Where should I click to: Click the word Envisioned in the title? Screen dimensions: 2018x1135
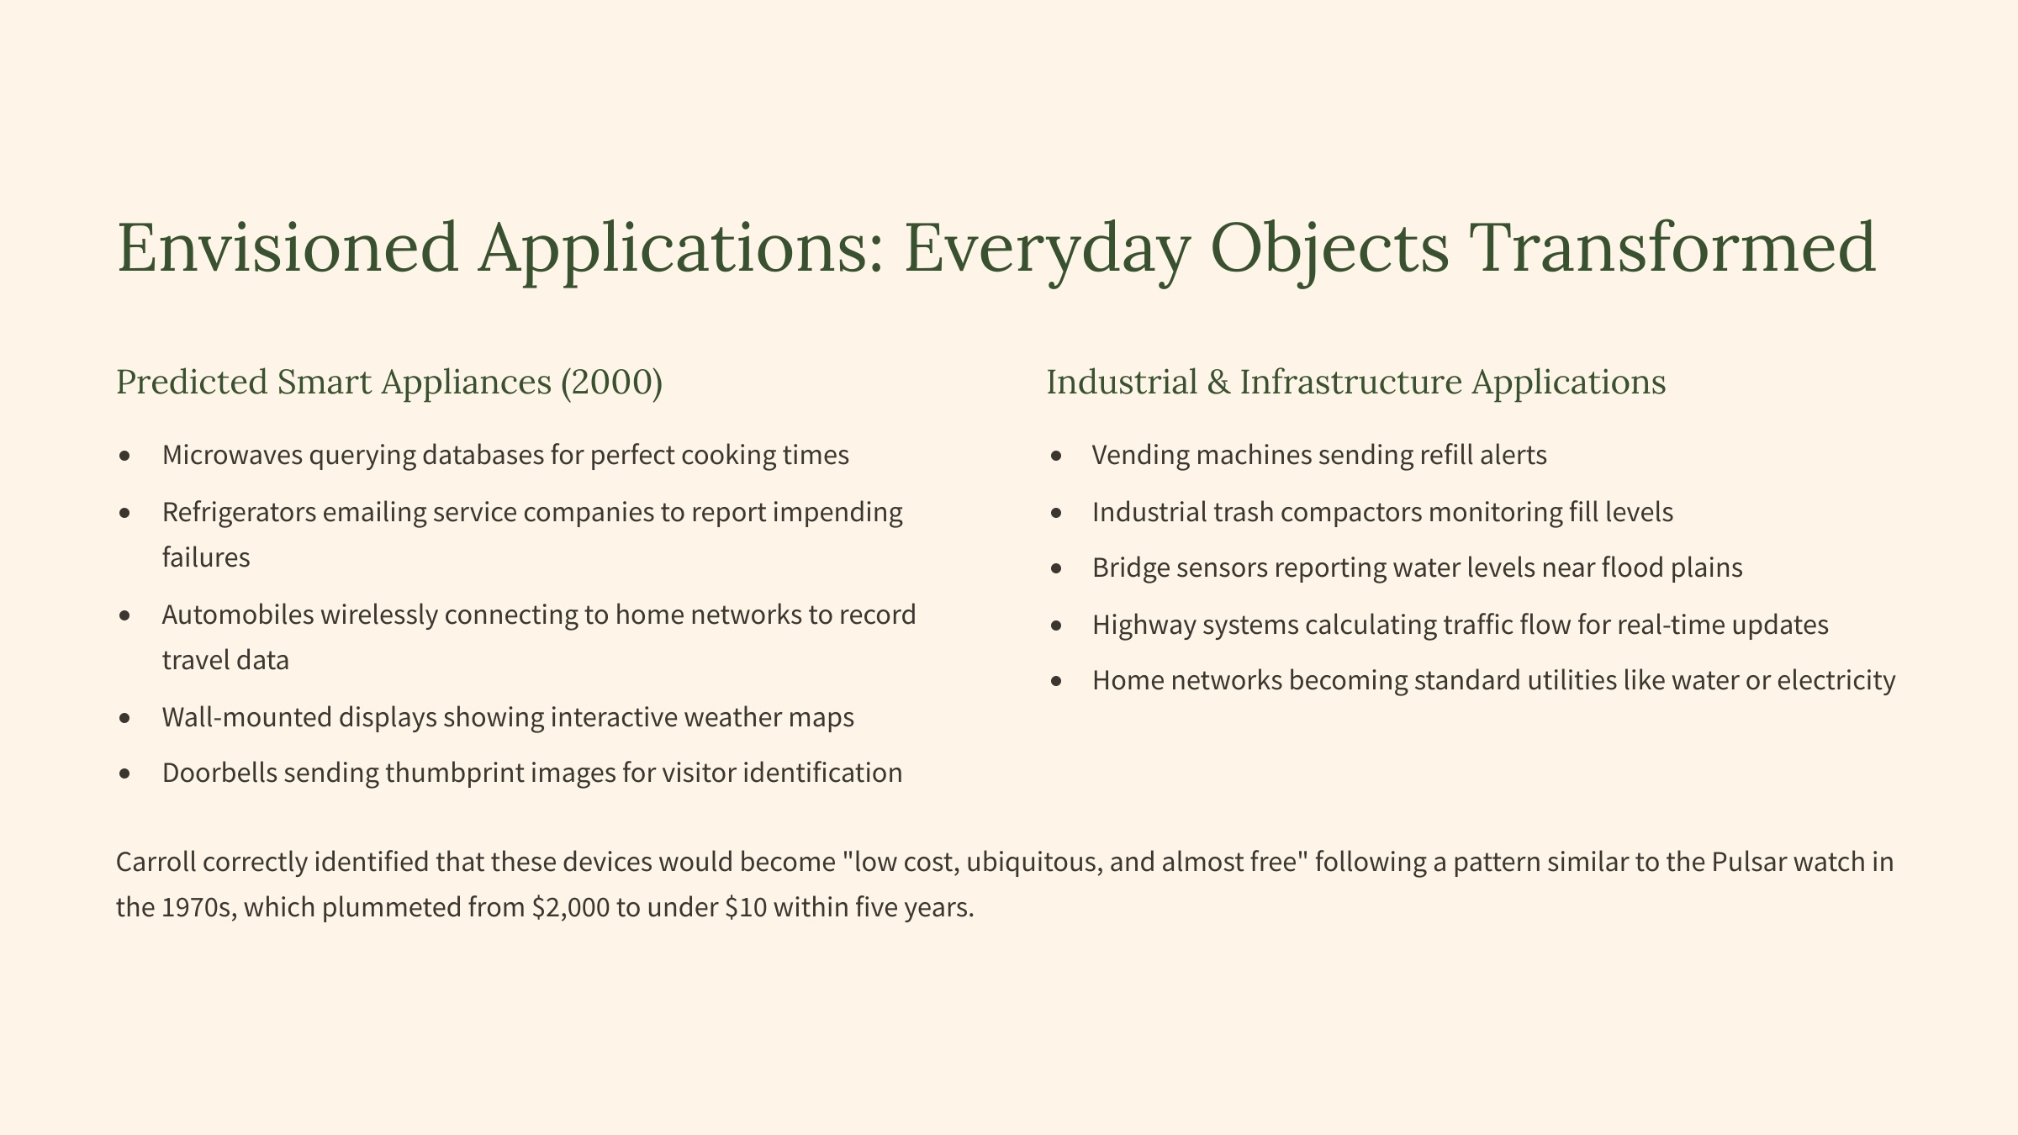pyautogui.click(x=288, y=247)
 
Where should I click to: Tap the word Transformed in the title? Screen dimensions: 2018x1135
pyautogui.click(x=1672, y=247)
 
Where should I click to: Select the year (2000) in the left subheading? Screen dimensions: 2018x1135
pyautogui.click(x=611, y=383)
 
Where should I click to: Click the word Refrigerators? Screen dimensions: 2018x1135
pyautogui.click(x=240, y=512)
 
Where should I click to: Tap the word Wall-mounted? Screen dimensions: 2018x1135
pyautogui.click(x=247, y=717)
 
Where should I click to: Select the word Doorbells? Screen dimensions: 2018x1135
pyautogui.click(x=220, y=773)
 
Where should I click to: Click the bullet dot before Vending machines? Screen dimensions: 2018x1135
pyautogui.click(x=1056, y=457)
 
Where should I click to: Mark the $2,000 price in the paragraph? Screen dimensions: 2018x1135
pyautogui.click(x=571, y=907)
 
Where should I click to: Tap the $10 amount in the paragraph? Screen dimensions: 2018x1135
pyautogui.click(x=746, y=907)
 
